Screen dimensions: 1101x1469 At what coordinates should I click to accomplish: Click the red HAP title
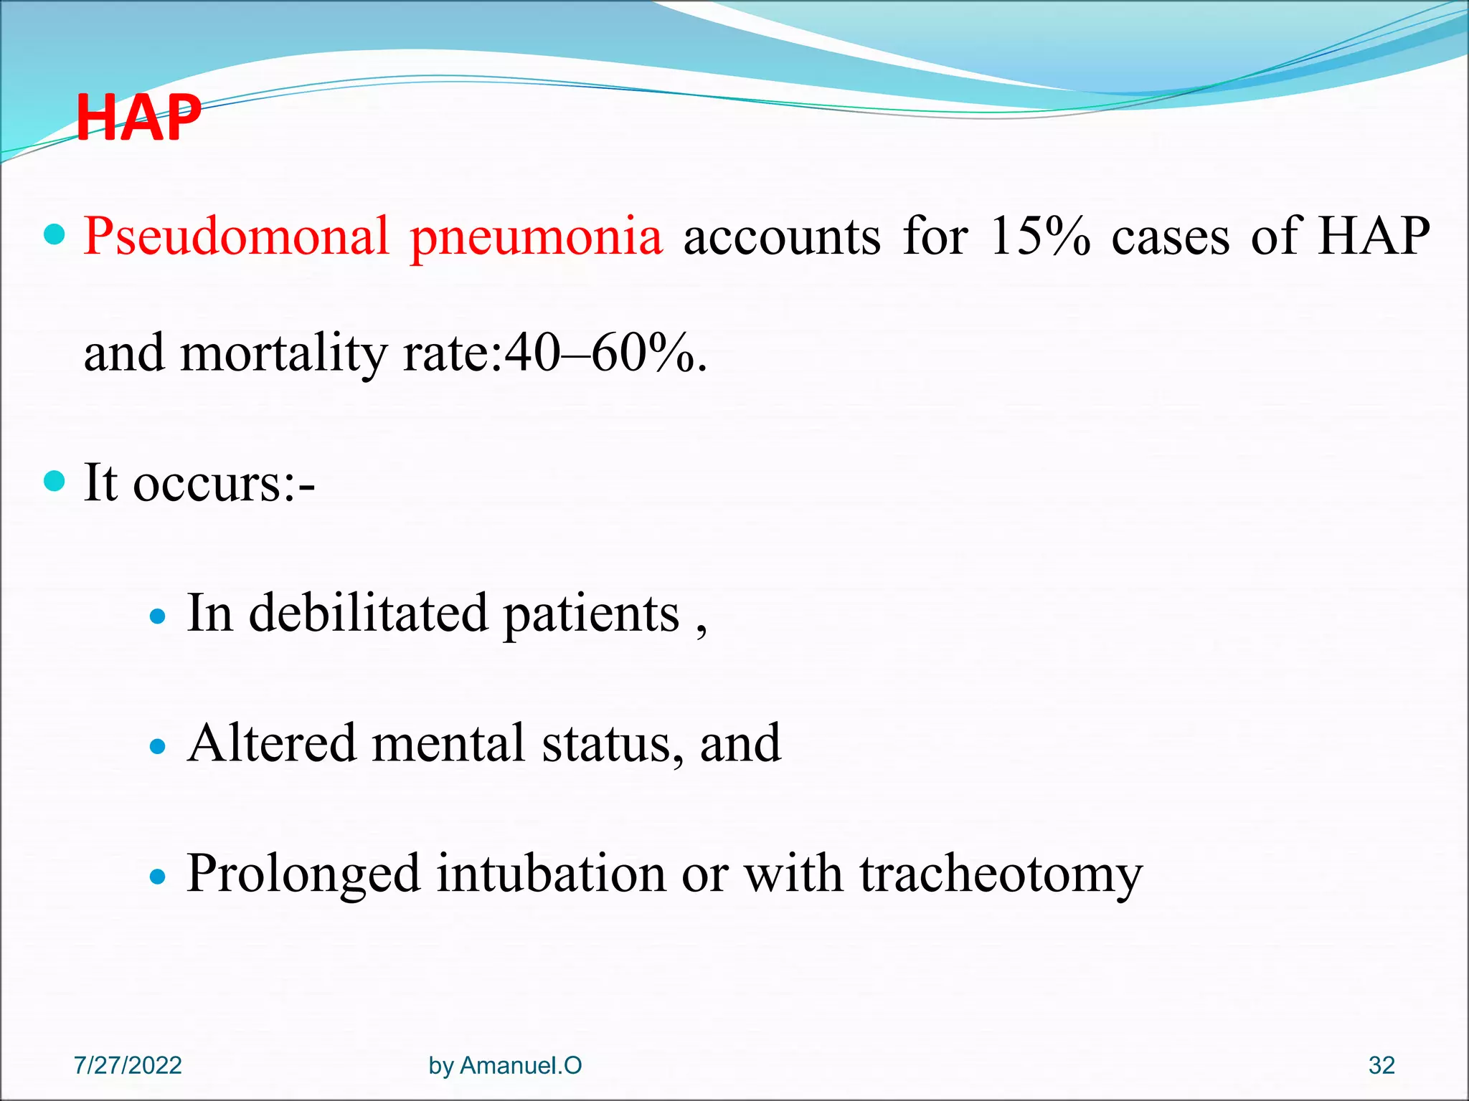click(138, 118)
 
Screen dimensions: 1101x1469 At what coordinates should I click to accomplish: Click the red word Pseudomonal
click(236, 237)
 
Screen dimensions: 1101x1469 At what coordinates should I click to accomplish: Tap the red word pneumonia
click(536, 237)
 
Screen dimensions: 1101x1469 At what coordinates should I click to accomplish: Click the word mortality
click(283, 354)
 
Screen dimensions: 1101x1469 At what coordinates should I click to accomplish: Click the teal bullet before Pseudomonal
click(55, 234)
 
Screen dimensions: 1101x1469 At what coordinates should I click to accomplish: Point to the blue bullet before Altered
click(158, 747)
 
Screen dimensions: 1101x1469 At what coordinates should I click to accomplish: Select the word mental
click(448, 744)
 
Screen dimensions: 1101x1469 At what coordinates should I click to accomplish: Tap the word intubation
click(551, 874)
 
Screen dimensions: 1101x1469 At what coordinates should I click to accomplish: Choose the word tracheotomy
click(1001, 874)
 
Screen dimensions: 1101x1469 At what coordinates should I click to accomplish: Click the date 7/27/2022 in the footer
click(128, 1065)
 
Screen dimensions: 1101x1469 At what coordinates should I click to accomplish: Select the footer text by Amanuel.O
click(505, 1065)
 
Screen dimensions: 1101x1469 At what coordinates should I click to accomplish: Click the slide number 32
click(1381, 1065)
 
